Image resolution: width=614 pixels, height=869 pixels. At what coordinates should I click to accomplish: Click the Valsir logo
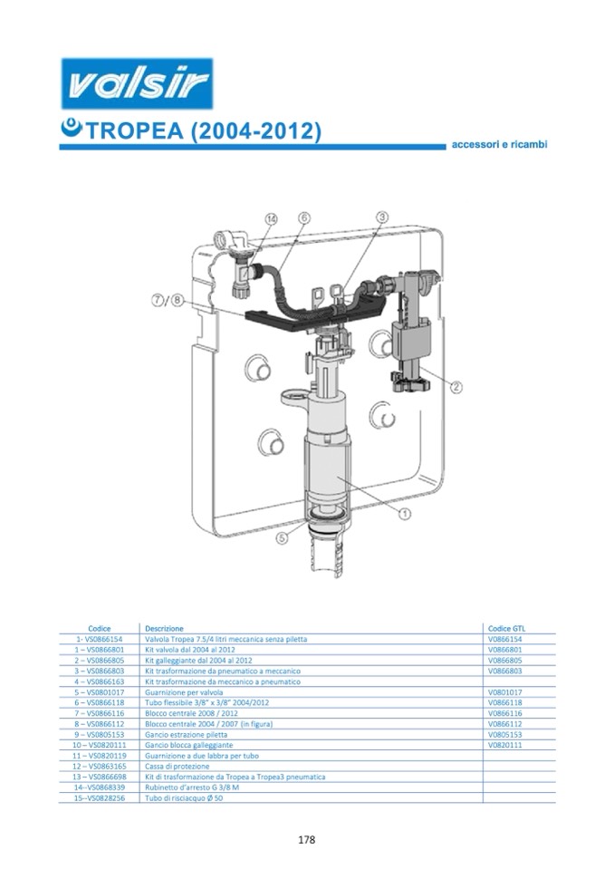pyautogui.click(x=137, y=83)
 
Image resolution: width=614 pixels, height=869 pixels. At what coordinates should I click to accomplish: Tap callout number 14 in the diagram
pyautogui.click(x=271, y=219)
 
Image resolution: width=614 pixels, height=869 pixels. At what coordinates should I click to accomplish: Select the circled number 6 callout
pyautogui.click(x=304, y=217)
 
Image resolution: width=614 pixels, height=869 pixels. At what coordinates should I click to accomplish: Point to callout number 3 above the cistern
pyautogui.click(x=382, y=217)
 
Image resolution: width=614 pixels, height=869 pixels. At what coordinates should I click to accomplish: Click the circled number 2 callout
pyautogui.click(x=456, y=388)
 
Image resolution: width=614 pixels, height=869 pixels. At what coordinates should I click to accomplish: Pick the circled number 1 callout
pyautogui.click(x=405, y=515)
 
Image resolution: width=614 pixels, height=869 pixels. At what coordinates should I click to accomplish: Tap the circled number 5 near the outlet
pyautogui.click(x=283, y=537)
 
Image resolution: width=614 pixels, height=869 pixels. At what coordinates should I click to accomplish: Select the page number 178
pyautogui.click(x=306, y=840)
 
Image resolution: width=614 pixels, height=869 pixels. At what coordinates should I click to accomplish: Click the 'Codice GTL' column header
pyautogui.click(x=506, y=629)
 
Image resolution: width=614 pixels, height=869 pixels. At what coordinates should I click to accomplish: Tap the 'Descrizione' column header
pyautogui.click(x=164, y=629)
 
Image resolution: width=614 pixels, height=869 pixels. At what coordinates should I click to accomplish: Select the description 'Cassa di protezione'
pyautogui.click(x=177, y=767)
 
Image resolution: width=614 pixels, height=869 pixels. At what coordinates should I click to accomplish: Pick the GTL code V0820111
pyautogui.click(x=505, y=746)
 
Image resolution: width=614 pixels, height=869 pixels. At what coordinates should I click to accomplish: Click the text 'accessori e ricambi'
pyautogui.click(x=499, y=145)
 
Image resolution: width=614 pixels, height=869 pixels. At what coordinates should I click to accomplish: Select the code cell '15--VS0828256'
pyautogui.click(x=99, y=798)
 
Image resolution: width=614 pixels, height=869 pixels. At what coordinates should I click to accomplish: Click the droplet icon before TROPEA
pyautogui.click(x=72, y=129)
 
